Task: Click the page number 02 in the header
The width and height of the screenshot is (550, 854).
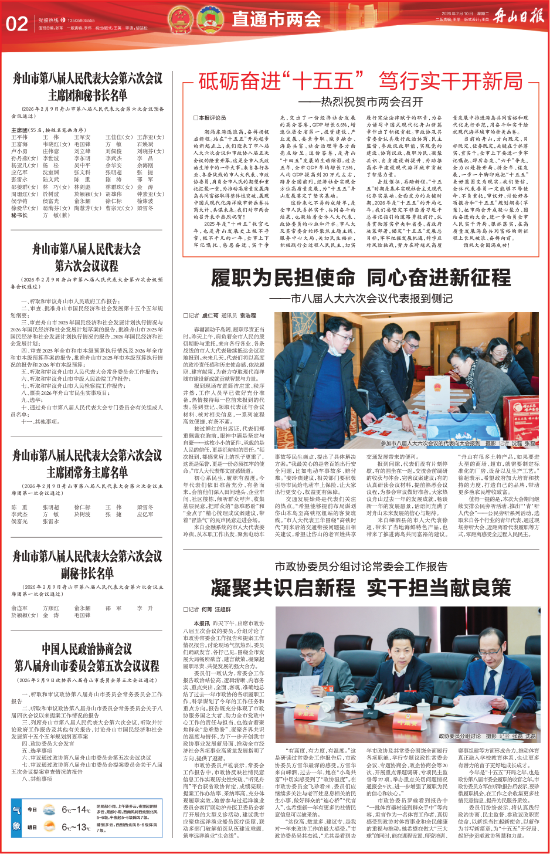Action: click(17, 23)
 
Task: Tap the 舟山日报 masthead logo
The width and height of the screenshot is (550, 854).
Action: click(518, 16)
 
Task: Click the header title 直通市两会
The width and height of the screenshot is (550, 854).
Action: click(276, 19)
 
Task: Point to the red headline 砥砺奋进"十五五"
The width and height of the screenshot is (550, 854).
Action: click(276, 82)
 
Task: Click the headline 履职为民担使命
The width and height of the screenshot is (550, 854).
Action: click(283, 277)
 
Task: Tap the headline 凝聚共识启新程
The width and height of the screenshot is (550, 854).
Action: click(283, 587)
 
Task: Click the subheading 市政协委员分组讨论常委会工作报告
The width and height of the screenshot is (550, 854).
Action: click(361, 567)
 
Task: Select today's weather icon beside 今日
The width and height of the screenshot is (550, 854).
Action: click(49, 810)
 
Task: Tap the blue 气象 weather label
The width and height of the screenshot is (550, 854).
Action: click(16, 818)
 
